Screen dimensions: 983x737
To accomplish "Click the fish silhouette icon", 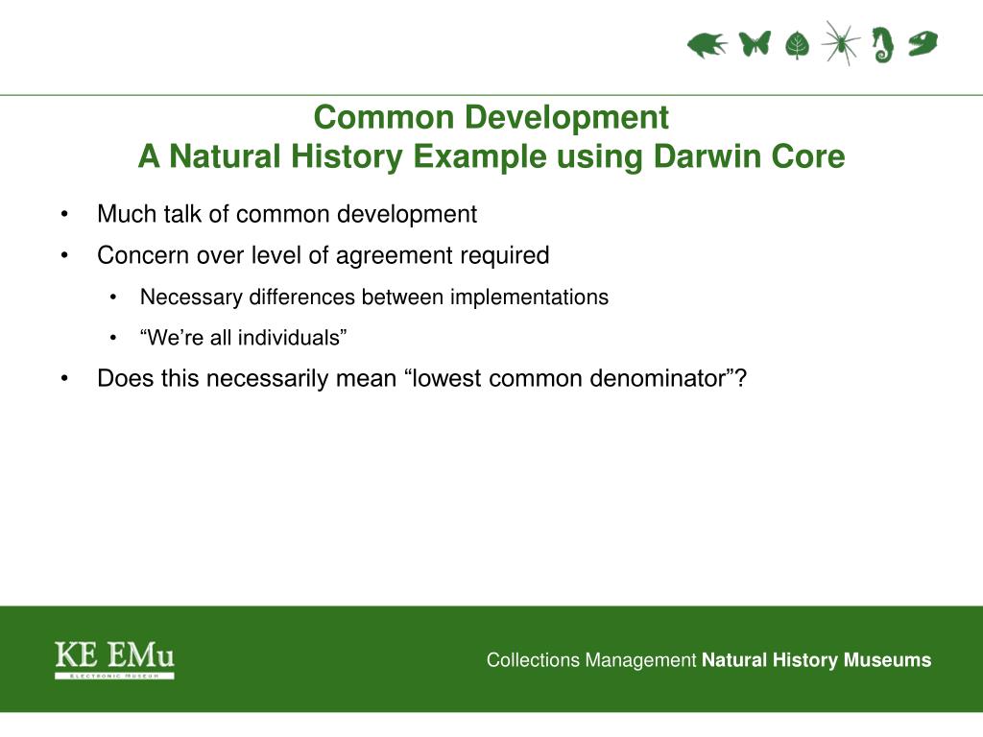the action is (707, 45).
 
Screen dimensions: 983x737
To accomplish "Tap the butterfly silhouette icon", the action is (755, 43).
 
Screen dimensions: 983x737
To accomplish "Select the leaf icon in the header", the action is (797, 45).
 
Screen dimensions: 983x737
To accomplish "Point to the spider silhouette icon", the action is (840, 42).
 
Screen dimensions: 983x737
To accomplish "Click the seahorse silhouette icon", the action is (883, 45).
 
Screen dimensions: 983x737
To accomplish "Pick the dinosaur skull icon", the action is (923, 43).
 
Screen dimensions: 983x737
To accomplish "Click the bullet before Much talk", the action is (64, 214).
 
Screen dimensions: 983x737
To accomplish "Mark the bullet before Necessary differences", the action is (113, 297).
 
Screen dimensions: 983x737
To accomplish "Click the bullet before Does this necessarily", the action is (64, 378).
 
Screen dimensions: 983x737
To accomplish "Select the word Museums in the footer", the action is (887, 660).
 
